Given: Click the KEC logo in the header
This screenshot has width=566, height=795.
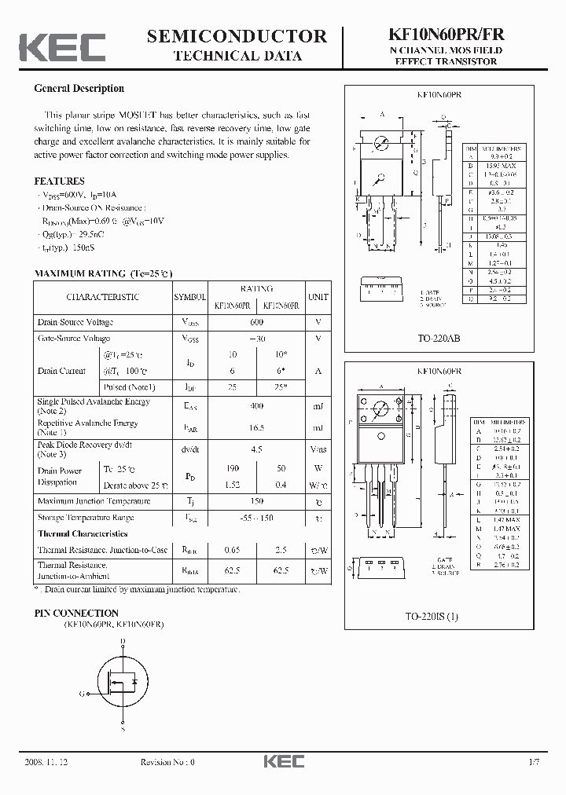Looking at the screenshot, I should coord(62,46).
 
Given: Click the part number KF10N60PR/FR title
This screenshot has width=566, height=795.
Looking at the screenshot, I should coord(446,35).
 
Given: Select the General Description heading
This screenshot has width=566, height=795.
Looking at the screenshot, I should coord(79,89).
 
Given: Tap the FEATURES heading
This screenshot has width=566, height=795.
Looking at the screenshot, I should coord(60,181).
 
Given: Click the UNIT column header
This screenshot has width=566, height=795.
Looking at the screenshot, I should coord(318,297).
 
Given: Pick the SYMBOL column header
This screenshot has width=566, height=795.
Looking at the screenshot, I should coord(189,297).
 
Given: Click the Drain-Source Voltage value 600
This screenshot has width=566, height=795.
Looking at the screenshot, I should coord(257,322).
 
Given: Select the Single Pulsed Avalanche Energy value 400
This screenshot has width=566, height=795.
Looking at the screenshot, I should coord(257,406).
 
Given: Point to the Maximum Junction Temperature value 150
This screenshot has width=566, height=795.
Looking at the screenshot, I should coord(257,501).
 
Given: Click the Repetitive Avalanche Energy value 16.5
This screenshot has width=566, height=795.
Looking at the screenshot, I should coord(257,427).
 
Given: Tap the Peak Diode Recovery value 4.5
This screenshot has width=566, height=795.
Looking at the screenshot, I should coord(257,449).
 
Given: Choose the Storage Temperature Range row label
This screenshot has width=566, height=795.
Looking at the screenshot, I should coord(86,518).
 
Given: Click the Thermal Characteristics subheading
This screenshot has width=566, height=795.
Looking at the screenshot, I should coord(83,534).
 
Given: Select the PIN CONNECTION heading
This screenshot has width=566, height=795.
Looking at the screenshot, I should coord(77,613).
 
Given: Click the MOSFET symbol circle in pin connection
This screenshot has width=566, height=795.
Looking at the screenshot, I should coord(123,682).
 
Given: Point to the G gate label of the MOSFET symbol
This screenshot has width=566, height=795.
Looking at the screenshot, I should coord(82,694).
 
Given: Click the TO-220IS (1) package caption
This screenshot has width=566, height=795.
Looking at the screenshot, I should coord(439,616).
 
